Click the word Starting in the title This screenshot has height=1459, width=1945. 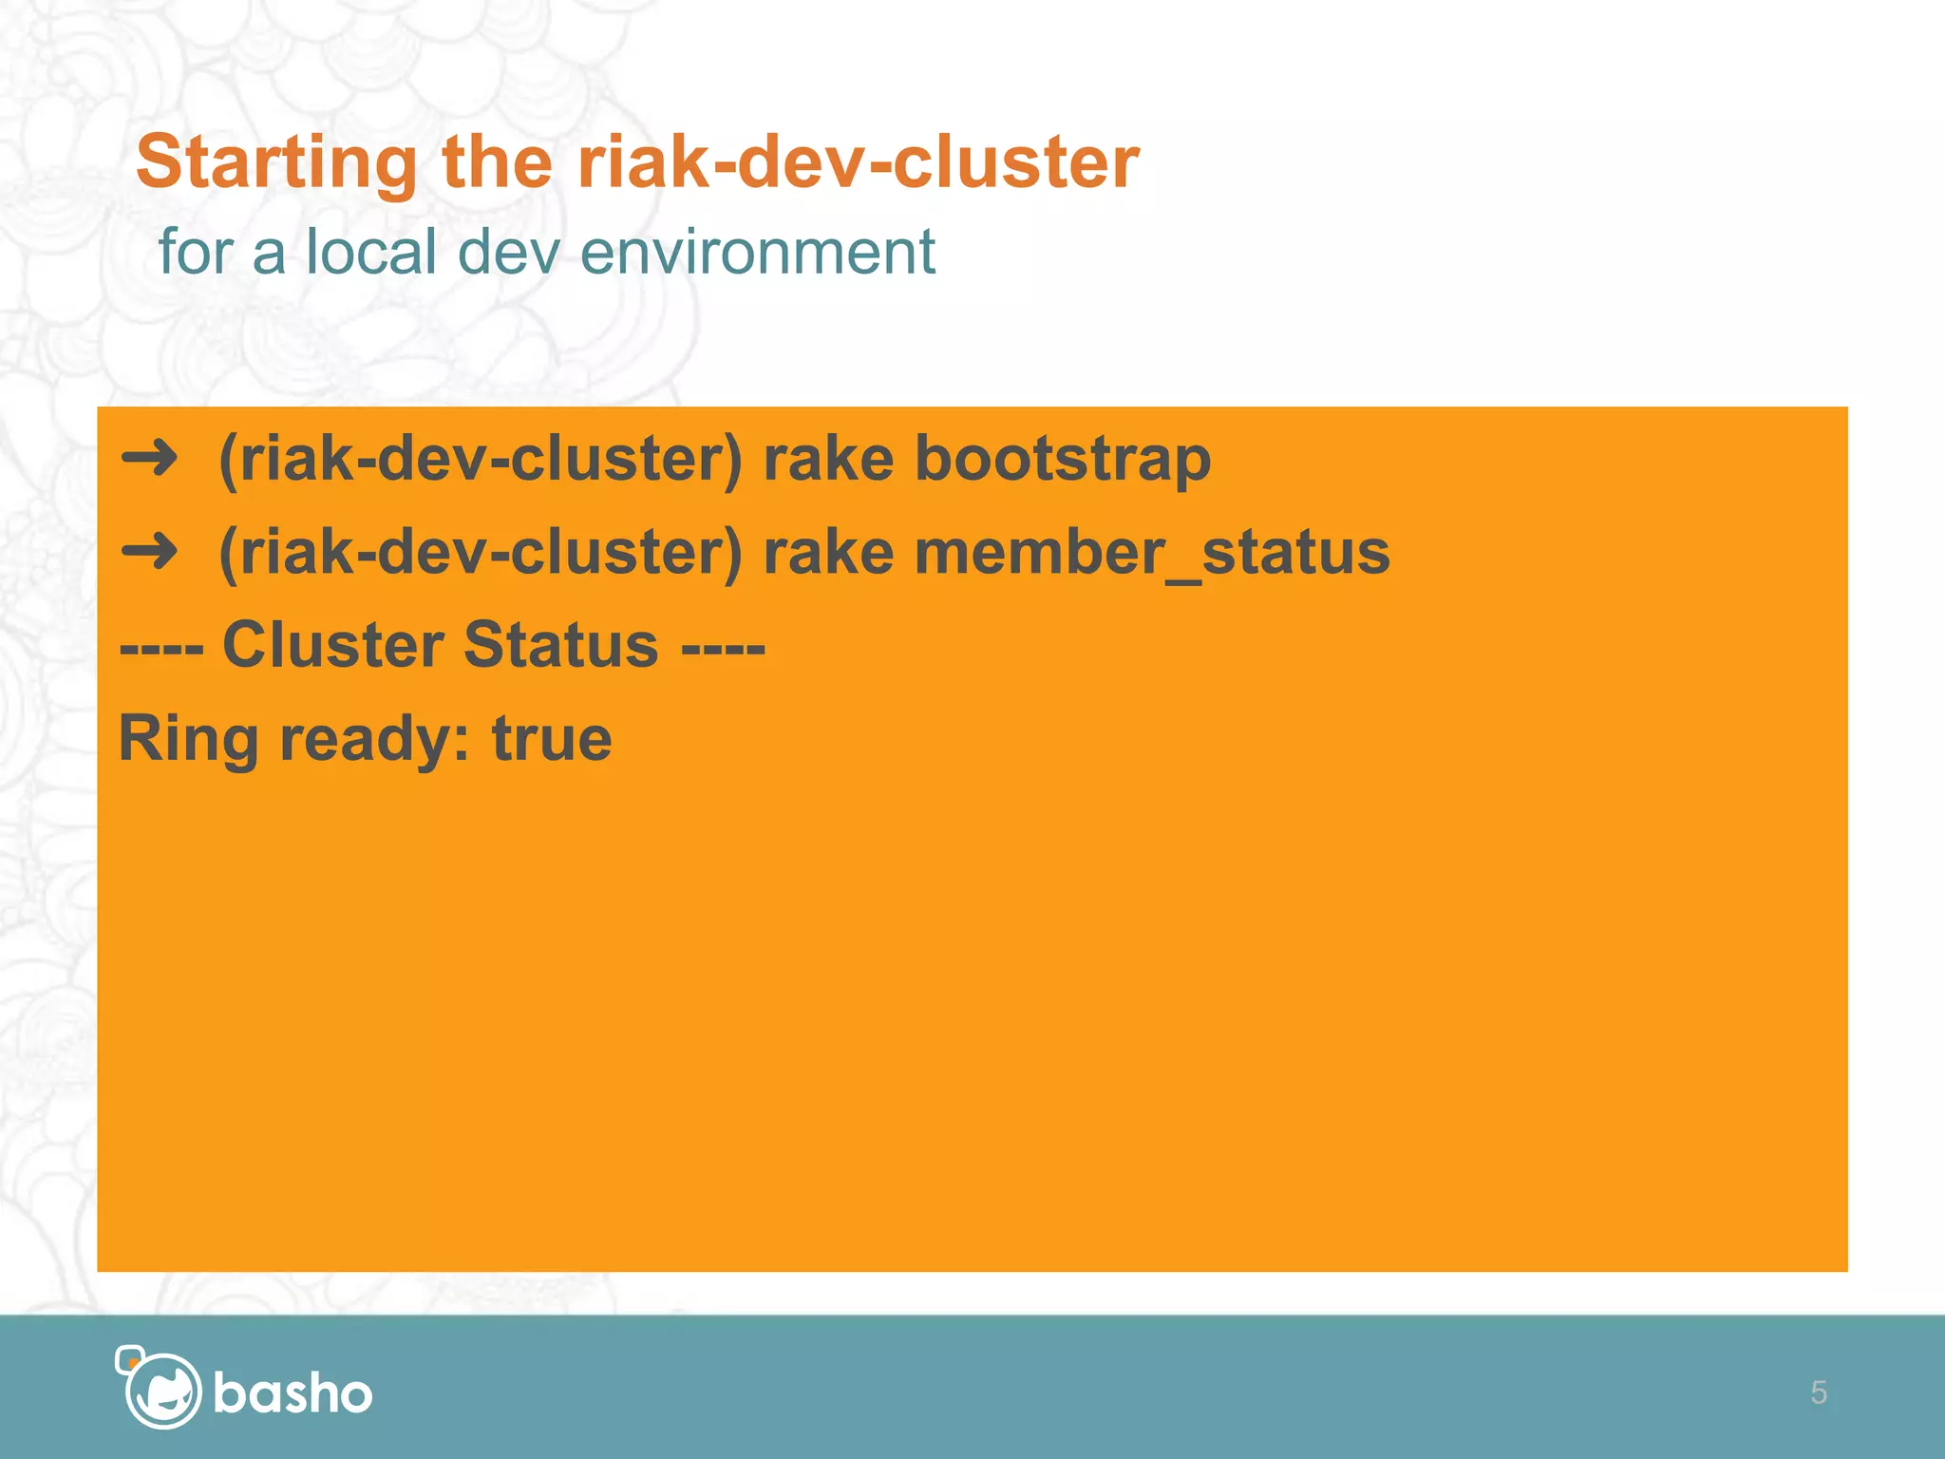pos(275,163)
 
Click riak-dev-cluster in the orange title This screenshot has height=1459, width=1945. pos(858,161)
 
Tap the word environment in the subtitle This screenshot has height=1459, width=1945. pos(757,253)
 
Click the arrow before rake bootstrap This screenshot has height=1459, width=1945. pos(150,459)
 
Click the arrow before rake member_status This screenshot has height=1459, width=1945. pos(150,552)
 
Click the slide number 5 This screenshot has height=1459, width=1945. pos(1818,1393)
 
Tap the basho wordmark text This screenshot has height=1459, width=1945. pos(293,1393)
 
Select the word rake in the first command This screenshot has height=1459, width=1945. pos(828,460)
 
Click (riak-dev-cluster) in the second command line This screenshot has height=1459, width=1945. pos(480,553)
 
